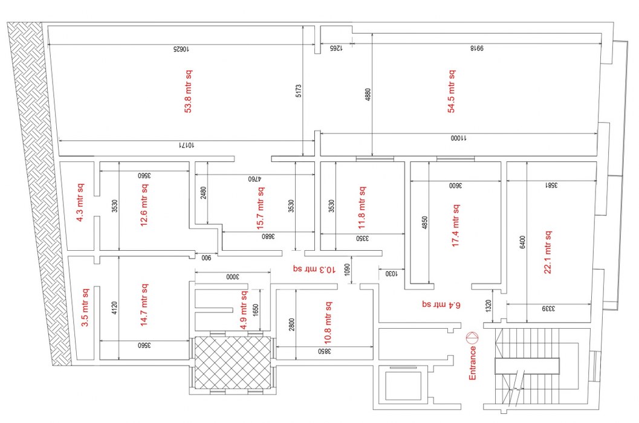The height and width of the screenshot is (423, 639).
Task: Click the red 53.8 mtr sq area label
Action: click(188, 91)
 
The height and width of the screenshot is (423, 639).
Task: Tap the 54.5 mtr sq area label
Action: click(452, 91)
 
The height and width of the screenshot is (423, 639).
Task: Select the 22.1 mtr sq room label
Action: click(548, 252)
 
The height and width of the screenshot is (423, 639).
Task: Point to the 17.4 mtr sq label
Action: click(456, 225)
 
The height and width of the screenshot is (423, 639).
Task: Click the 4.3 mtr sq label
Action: click(80, 202)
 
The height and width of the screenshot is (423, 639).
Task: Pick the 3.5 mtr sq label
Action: click(85, 307)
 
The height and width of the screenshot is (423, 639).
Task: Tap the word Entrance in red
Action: click(472, 363)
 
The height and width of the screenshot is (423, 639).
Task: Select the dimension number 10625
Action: click(181, 49)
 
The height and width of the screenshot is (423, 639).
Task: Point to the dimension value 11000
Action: click(459, 138)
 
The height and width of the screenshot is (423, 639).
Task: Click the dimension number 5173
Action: click(298, 91)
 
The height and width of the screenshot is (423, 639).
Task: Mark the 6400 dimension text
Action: click(522, 242)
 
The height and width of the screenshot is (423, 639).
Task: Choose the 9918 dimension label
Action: click(477, 48)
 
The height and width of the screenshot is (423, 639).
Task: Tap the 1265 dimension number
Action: click(336, 48)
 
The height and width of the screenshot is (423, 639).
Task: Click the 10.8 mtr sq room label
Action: click(328, 323)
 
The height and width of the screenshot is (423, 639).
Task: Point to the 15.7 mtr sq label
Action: click(260, 208)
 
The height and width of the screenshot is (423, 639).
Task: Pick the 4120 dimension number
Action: click(114, 308)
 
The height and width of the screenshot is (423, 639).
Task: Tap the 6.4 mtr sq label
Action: click(441, 305)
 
